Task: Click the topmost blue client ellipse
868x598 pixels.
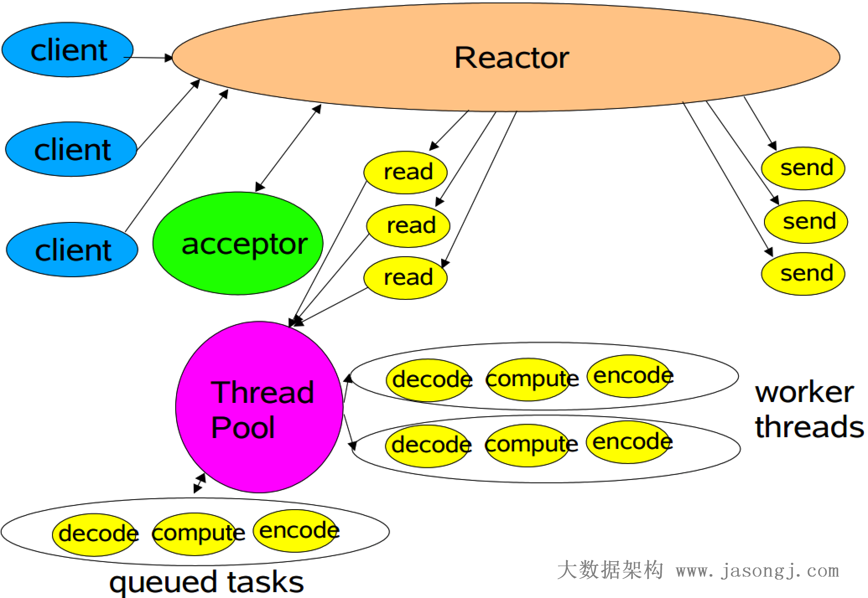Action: click(68, 50)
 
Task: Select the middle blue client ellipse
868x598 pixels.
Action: click(71, 149)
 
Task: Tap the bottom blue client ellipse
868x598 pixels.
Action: click(72, 250)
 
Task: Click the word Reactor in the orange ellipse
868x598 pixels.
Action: click(512, 57)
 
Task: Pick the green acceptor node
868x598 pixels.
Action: click(238, 243)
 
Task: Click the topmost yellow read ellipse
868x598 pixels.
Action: click(405, 172)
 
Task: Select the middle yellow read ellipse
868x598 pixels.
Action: click(408, 226)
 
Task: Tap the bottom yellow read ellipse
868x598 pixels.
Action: click(405, 278)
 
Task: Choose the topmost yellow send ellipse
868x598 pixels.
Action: click(803, 168)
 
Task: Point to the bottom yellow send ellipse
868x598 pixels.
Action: click(803, 274)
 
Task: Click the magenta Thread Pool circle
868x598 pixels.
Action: click(259, 407)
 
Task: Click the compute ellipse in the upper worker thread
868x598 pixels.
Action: click(528, 379)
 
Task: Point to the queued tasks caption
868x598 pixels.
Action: click(206, 582)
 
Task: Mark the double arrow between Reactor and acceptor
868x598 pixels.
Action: click(288, 148)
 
